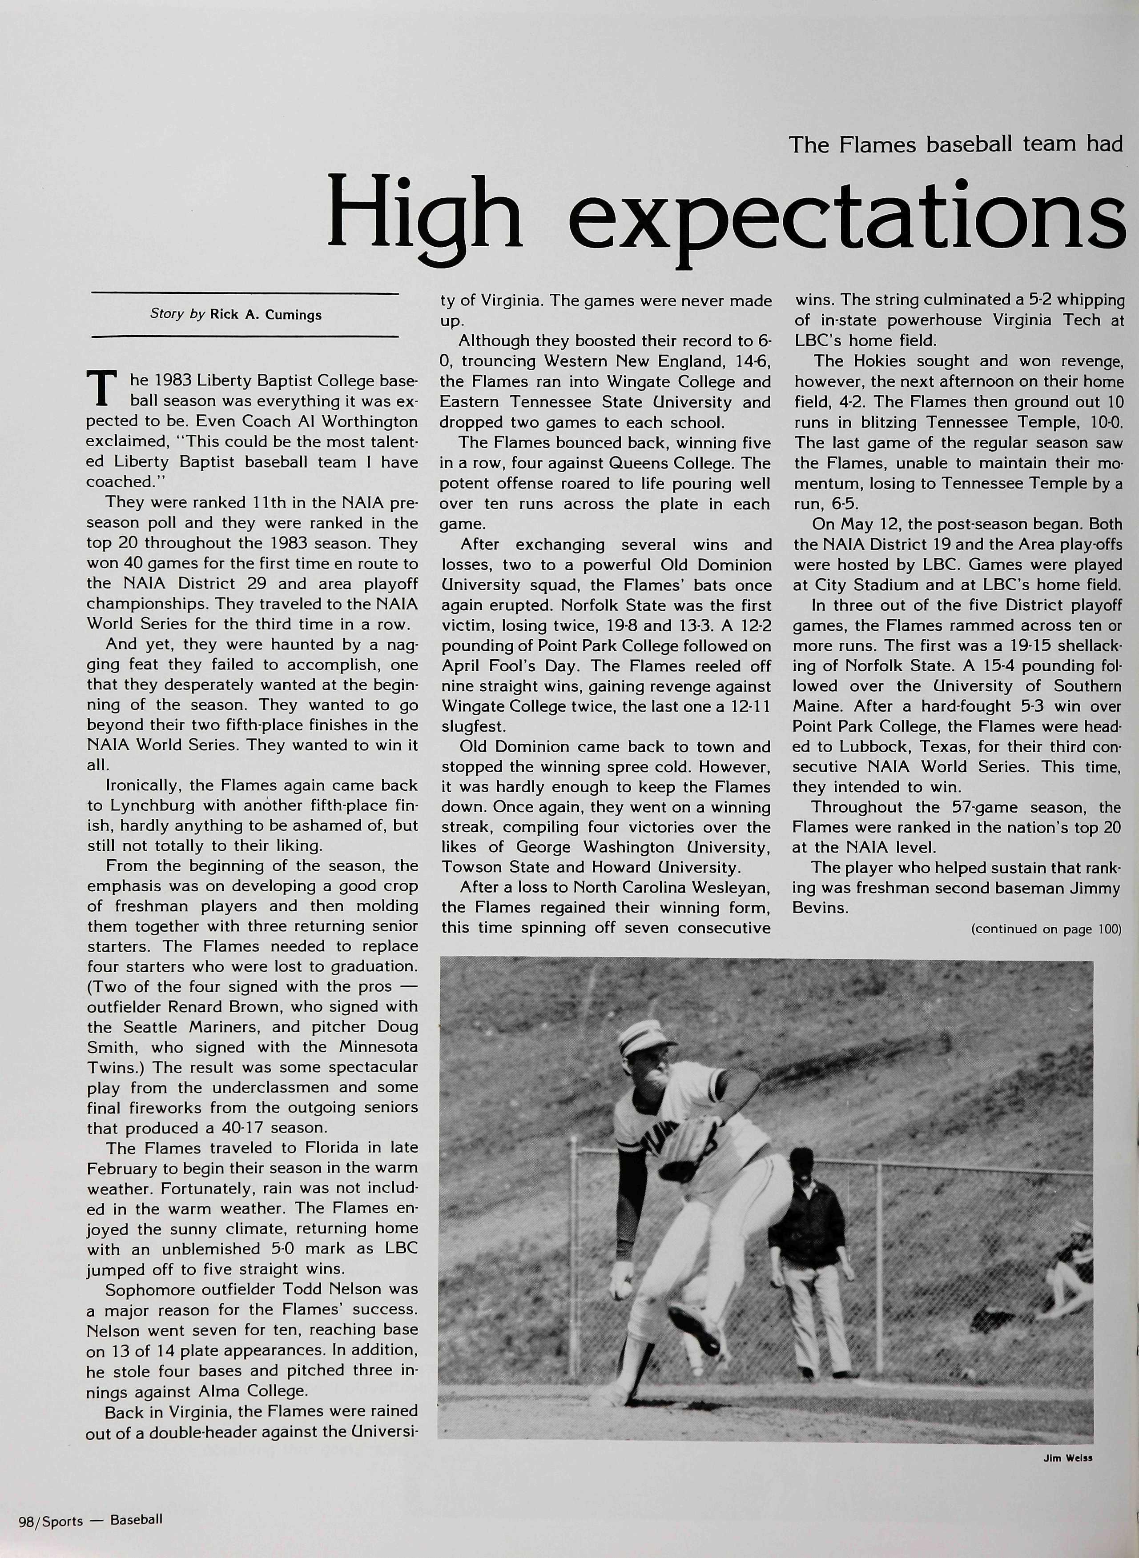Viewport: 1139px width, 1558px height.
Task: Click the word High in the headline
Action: tap(423, 214)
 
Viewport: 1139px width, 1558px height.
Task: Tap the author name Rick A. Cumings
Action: tap(266, 315)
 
